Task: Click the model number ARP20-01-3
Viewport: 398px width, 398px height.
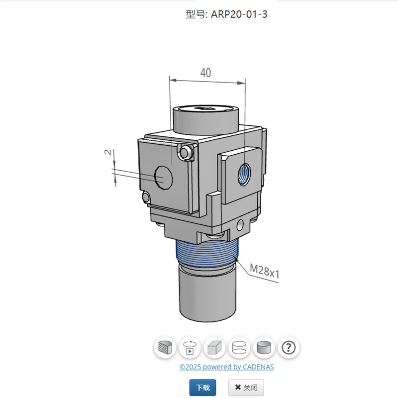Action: click(239, 14)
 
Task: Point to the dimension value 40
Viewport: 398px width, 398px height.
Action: click(205, 73)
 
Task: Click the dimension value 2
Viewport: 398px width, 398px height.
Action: click(108, 152)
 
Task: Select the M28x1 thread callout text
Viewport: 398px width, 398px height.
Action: click(264, 271)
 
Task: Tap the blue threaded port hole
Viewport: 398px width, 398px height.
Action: click(244, 175)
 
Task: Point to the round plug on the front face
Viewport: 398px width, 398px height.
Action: click(164, 178)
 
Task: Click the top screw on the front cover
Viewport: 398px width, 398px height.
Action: click(185, 152)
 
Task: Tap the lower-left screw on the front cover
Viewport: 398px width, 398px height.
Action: click(146, 197)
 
